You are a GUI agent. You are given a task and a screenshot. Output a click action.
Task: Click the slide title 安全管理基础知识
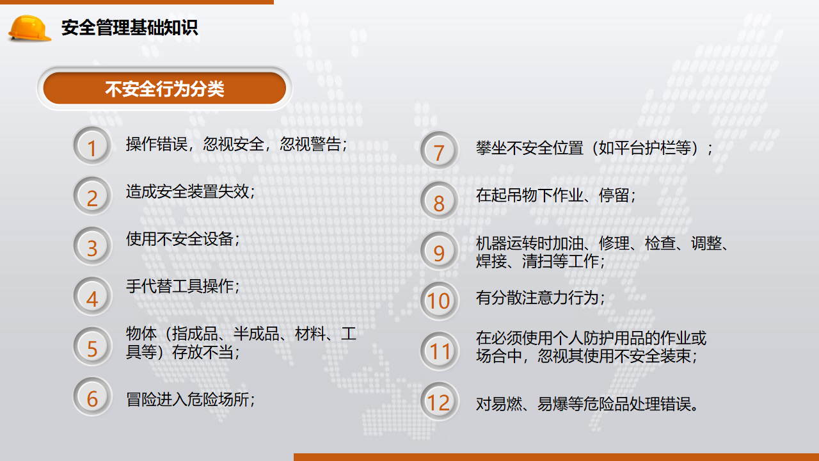coord(130,28)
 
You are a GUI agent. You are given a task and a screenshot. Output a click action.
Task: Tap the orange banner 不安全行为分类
coord(164,88)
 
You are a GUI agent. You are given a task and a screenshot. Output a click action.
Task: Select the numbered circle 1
coord(92,145)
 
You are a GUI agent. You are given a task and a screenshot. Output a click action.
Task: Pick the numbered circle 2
coord(92,196)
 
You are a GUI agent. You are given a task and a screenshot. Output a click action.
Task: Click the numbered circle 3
coord(92,246)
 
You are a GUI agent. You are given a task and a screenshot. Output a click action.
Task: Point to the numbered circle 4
coord(92,296)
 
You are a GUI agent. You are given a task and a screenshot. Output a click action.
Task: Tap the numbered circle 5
coord(92,346)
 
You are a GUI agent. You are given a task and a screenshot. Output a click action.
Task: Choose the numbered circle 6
coord(92,396)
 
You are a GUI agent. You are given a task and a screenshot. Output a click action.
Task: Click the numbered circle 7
coord(439,150)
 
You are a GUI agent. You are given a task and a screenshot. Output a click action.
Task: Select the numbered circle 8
coord(439,200)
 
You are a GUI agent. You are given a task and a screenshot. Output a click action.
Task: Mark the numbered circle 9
coord(439,251)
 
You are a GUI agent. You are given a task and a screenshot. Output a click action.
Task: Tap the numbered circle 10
coord(439,301)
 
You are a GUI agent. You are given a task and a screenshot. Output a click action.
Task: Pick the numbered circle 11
coord(439,352)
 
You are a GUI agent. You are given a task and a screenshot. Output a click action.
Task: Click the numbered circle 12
coord(439,401)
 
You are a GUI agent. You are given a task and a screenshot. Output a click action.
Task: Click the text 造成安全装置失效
coord(187,191)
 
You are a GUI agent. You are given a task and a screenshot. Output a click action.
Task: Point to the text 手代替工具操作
coord(180,286)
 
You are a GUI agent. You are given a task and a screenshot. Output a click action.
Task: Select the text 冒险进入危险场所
coord(187,400)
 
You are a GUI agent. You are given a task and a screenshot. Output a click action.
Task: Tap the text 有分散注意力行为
coord(537,298)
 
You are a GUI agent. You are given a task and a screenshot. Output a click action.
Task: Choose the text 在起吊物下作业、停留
coord(552,195)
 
